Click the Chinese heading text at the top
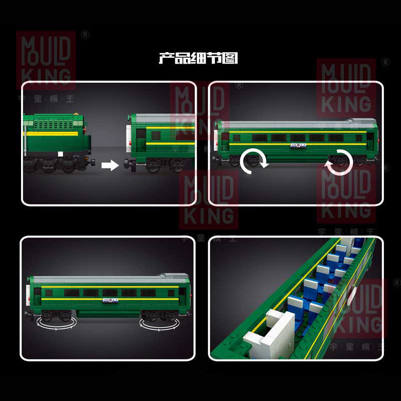(198, 59)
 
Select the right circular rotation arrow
(339, 162)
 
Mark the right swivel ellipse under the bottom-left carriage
(157, 322)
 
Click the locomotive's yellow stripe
(53, 133)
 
